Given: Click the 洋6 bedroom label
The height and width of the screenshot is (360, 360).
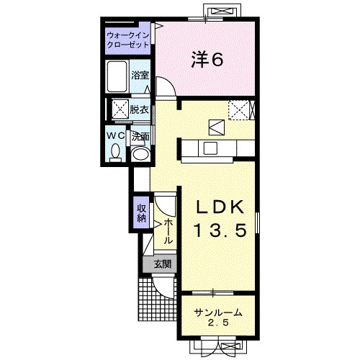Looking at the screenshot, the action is [207, 60].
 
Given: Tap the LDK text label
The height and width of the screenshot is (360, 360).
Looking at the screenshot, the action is [220, 207].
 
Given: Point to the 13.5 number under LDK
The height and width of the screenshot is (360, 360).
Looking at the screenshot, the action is [220, 230].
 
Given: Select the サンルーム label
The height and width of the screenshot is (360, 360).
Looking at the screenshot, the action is [218, 313].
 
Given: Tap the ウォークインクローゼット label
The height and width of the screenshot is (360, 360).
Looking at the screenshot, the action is [128, 40].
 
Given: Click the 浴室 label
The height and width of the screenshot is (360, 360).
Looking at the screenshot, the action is [140, 76].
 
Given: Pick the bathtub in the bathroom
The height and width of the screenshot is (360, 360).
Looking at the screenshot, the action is [117, 76].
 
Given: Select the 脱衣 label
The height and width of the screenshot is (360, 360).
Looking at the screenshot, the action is [139, 110].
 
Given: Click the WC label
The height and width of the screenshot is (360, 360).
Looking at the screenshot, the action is [116, 136].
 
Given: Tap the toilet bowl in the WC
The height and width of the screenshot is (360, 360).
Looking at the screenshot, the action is [115, 153].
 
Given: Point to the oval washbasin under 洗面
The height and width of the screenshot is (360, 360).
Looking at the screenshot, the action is [140, 154].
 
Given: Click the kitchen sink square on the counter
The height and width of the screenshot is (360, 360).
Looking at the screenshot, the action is [210, 148].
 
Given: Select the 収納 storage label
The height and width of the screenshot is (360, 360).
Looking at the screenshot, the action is [141, 213].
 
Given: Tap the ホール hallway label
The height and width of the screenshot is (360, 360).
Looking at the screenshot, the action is [168, 231].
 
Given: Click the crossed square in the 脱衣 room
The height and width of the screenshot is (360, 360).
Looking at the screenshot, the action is [121, 109].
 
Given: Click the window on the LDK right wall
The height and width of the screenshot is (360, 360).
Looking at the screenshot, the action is [258, 222].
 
